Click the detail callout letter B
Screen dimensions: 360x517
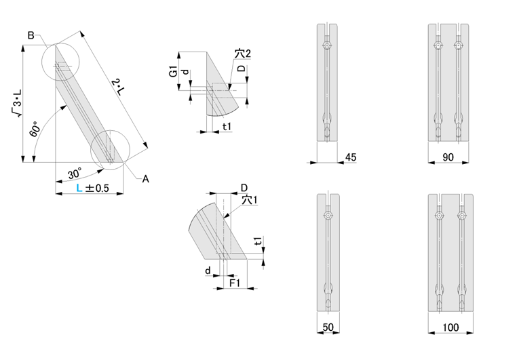click(31, 35)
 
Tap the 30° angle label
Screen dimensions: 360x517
click(76, 173)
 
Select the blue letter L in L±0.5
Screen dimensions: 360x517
click(79, 188)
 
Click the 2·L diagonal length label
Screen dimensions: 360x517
click(119, 87)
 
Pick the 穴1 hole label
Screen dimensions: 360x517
click(250, 201)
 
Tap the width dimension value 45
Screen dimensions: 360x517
click(351, 157)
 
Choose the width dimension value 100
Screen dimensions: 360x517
click(451, 328)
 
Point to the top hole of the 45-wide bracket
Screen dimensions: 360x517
click(327, 45)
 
